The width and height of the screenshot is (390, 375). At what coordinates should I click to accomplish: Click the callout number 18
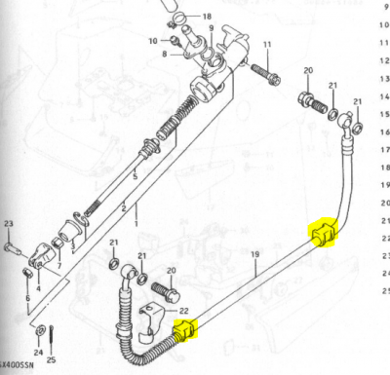tap(206, 18)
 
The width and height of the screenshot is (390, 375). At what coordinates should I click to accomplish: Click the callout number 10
tap(153, 41)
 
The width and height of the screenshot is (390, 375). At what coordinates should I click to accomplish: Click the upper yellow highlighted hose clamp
tap(323, 235)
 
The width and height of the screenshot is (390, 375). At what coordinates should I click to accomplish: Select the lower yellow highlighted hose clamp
tap(183, 331)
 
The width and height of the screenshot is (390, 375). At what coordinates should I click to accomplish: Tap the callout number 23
tap(9, 226)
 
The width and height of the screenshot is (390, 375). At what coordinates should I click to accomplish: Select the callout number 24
tap(38, 352)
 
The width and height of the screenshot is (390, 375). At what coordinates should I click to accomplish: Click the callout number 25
tap(52, 359)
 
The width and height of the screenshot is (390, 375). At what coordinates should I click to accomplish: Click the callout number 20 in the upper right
tap(308, 71)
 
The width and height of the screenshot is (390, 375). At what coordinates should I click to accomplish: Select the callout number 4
tap(38, 288)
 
